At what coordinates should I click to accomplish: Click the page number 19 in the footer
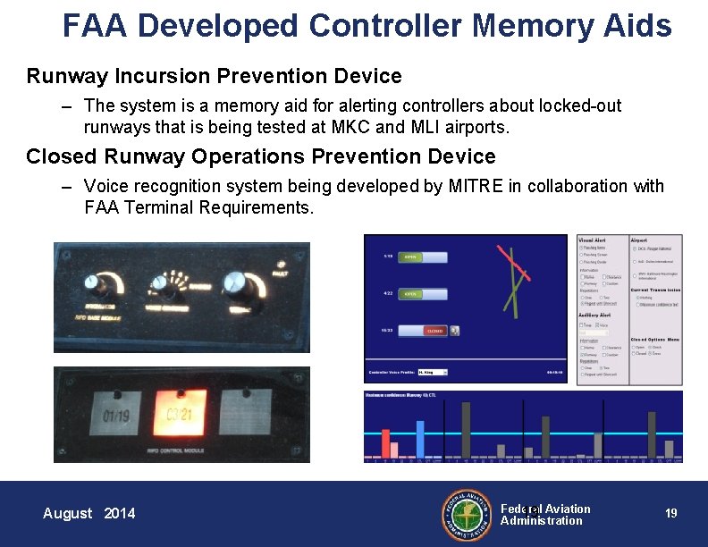pyautogui.click(x=670, y=513)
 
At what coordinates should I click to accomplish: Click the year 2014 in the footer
pyautogui.click(x=120, y=513)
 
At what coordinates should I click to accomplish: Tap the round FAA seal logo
pyautogui.click(x=467, y=514)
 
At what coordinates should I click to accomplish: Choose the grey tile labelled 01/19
pyautogui.click(x=116, y=416)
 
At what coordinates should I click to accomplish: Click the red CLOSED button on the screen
pyautogui.click(x=435, y=331)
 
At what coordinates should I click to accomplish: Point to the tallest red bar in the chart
pyautogui.click(x=386, y=443)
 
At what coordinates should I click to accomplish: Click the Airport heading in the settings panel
pyautogui.click(x=640, y=240)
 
